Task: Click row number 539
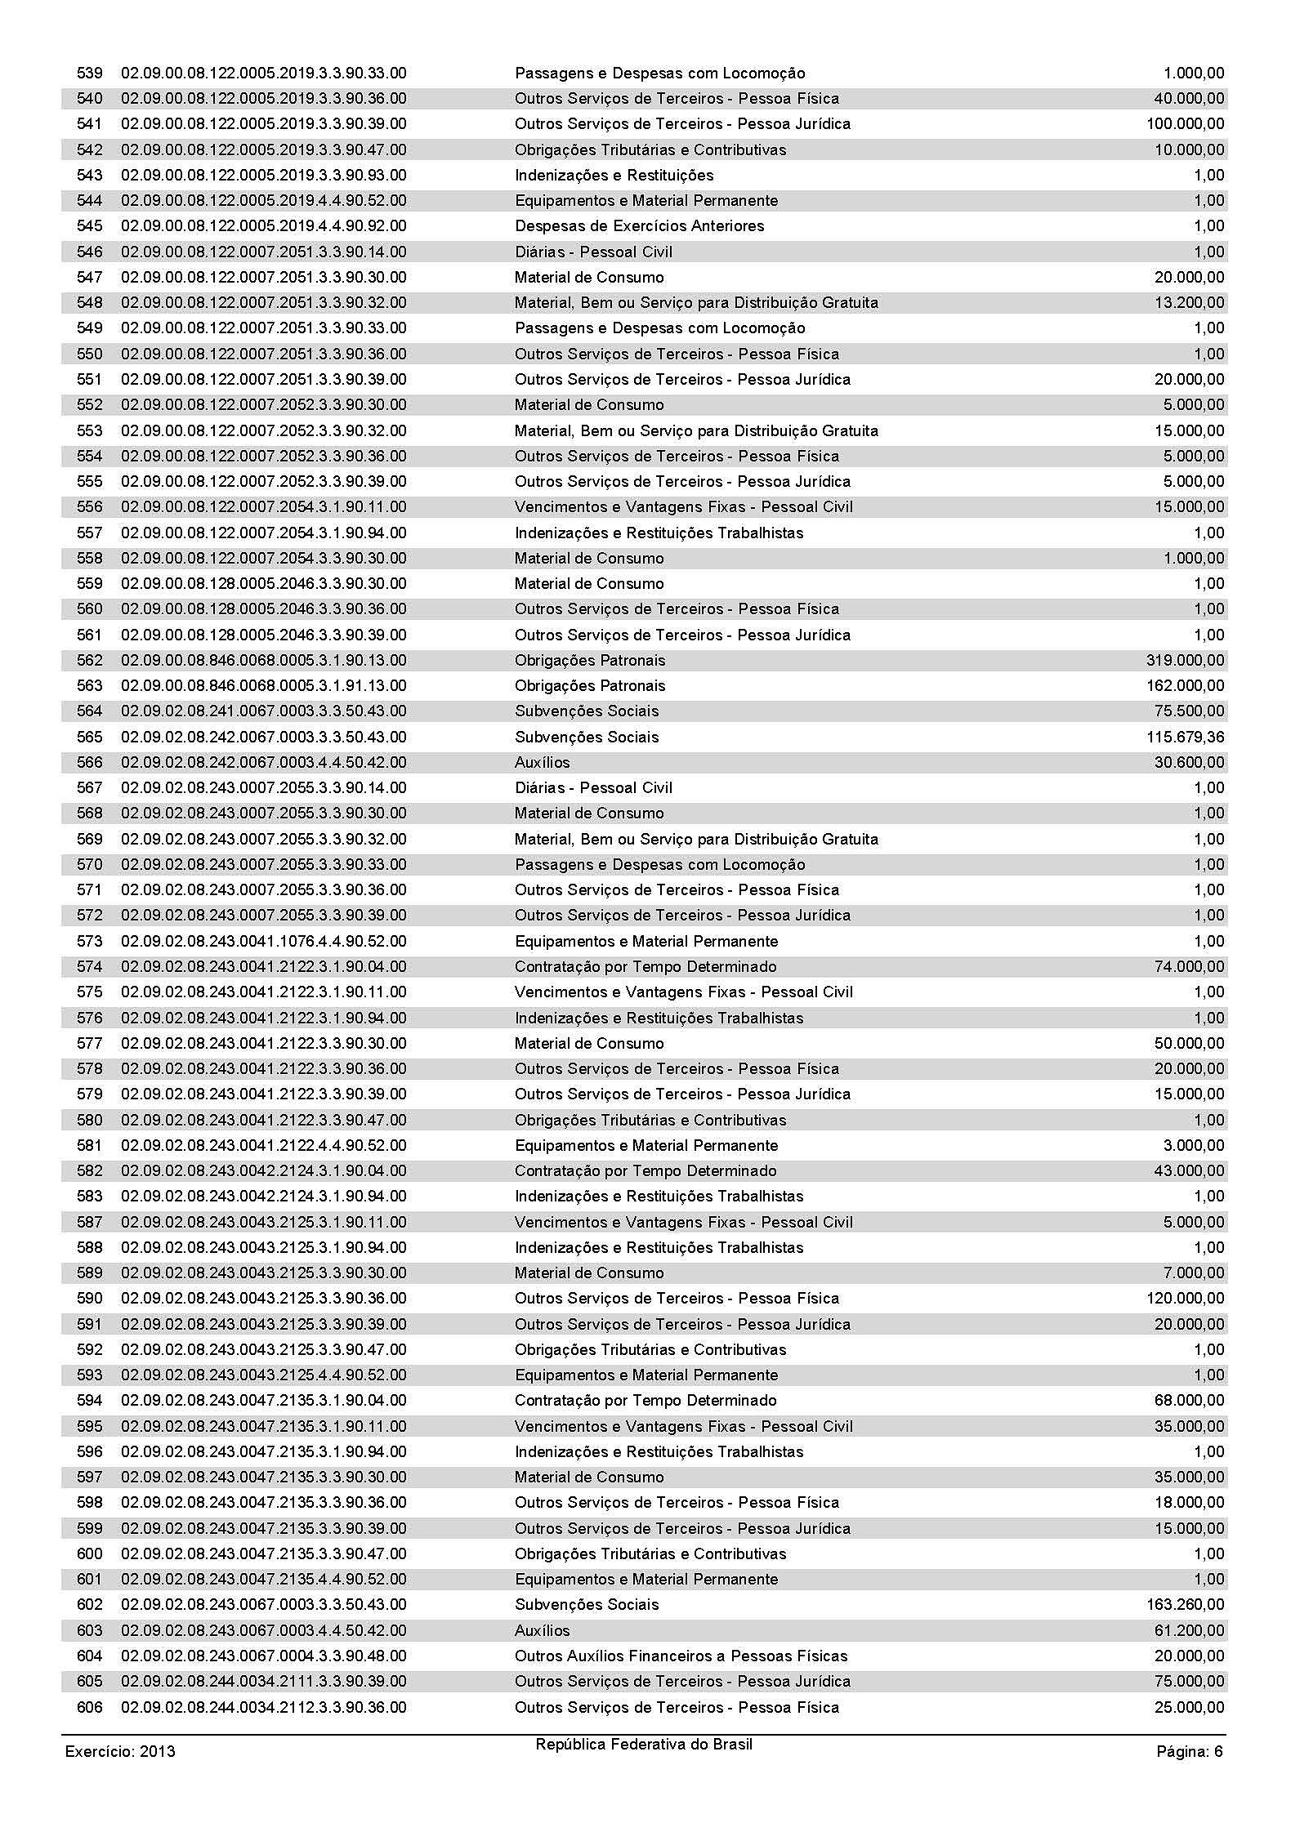90,74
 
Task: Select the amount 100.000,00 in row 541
1185,124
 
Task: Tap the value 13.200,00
1189,303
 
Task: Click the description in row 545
639,226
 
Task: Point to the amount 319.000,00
1185,661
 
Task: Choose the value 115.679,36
1185,738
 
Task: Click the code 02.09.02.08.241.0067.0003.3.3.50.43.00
263,711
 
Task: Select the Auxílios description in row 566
542,763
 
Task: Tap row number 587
90,1223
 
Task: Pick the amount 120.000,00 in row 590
1185,1299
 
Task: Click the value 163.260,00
1185,1605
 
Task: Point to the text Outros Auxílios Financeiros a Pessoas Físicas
681,1656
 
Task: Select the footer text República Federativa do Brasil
644,1745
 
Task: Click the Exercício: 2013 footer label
120,1751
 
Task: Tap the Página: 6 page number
1189,1751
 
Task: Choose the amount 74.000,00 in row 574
1189,967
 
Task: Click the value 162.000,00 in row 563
1185,686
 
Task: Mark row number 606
90,1708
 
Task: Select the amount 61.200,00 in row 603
1189,1631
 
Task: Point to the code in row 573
263,942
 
